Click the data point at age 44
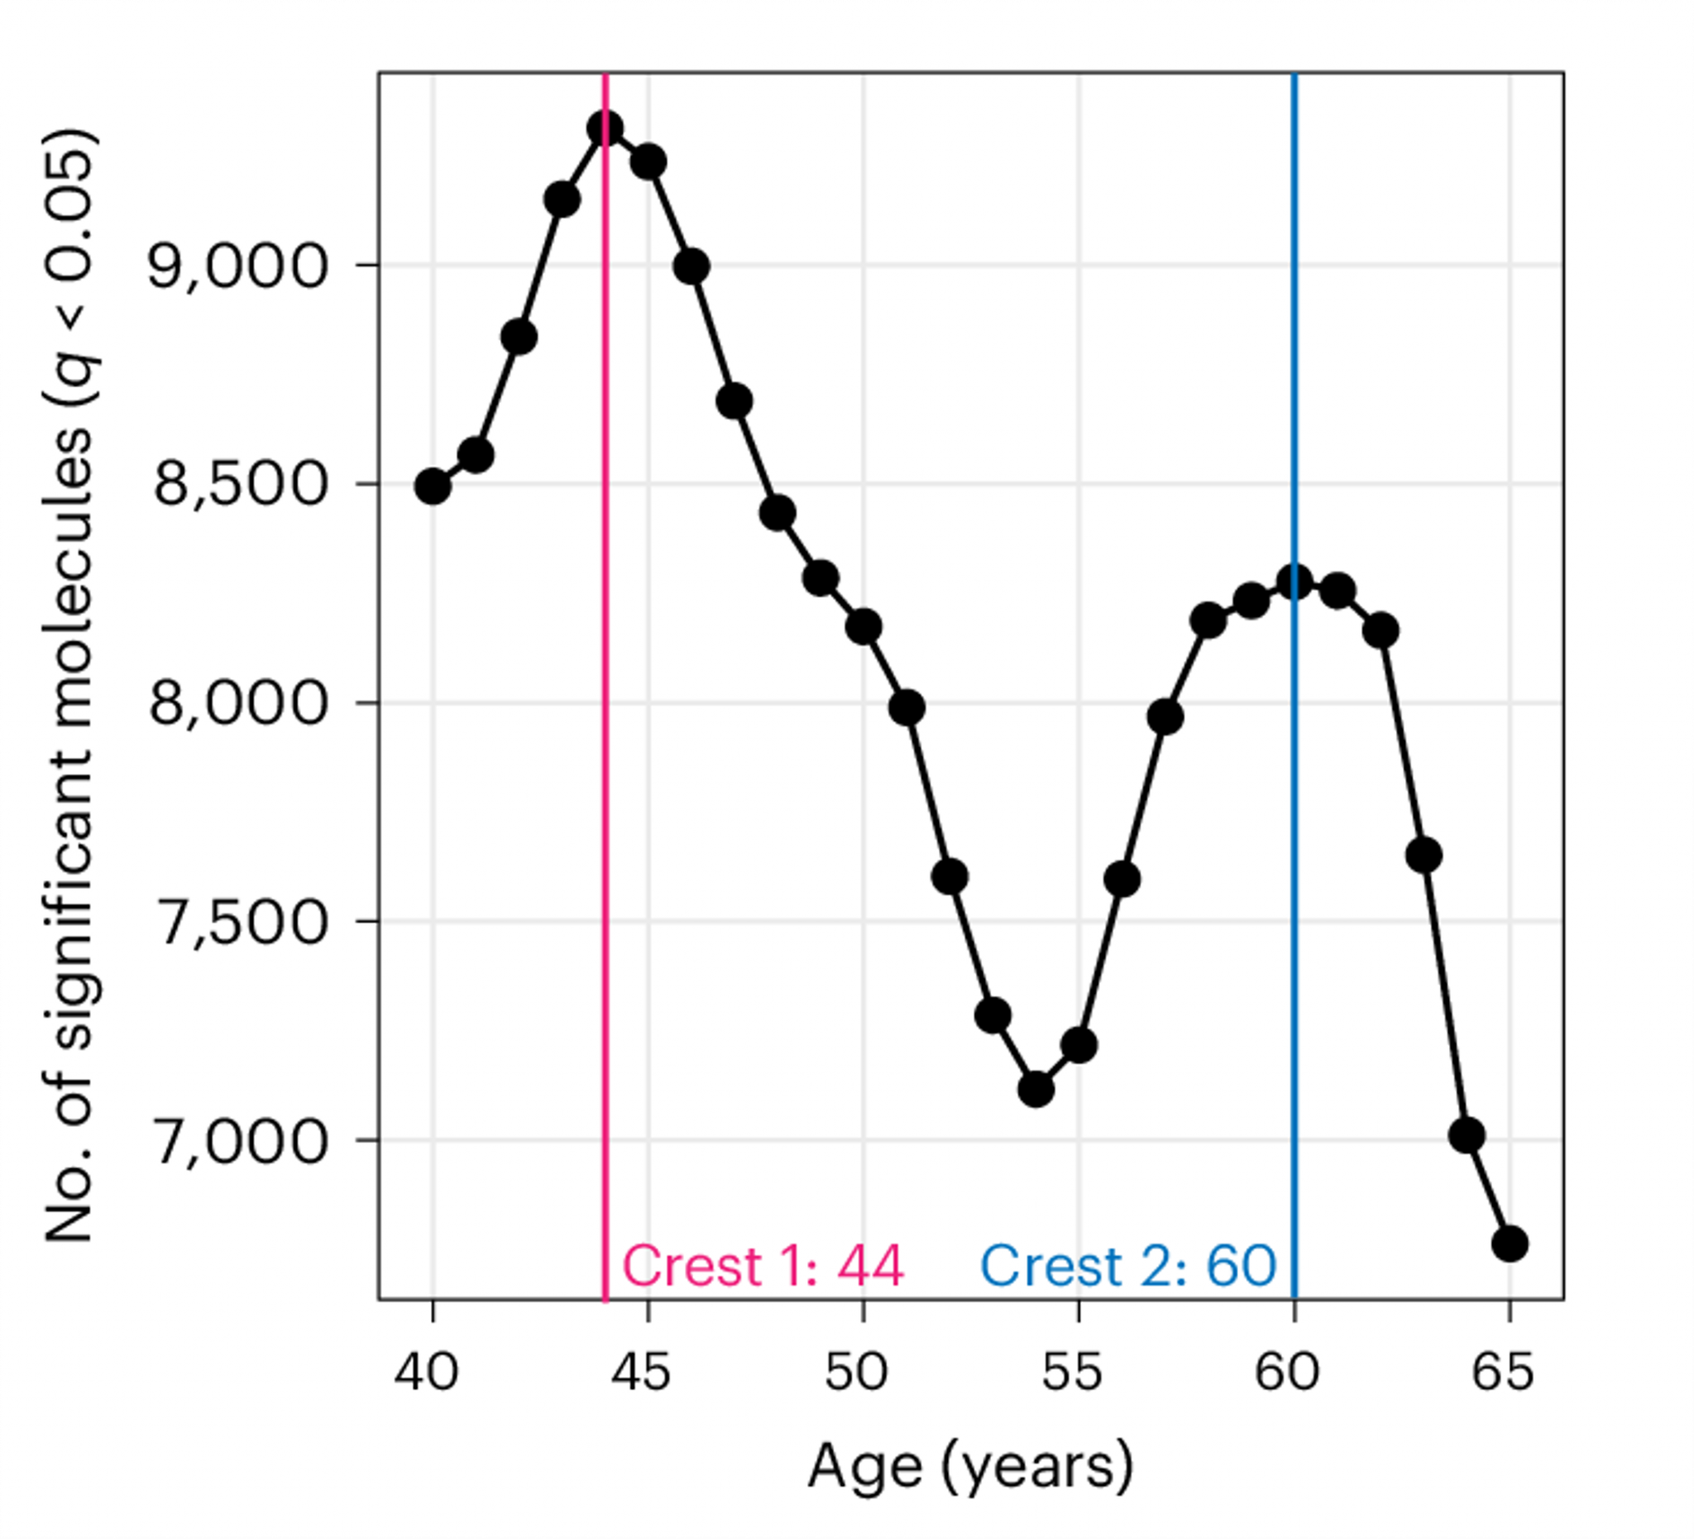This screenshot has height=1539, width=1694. [x=605, y=128]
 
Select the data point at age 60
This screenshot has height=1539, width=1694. [x=1294, y=582]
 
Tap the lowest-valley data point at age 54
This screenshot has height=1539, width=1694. [x=1036, y=1090]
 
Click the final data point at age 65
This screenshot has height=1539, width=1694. [x=1510, y=1243]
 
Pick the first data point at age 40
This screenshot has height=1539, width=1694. [x=433, y=486]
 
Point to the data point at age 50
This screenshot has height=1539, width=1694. [x=864, y=627]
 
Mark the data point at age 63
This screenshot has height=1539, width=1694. [x=1424, y=856]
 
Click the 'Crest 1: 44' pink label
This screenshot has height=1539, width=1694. [x=763, y=1266]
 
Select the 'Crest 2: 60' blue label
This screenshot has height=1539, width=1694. [x=1128, y=1266]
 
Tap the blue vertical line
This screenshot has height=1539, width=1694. [x=1294, y=924]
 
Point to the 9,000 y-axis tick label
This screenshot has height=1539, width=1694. [x=237, y=267]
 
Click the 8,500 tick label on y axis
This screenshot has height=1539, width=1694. [x=239, y=486]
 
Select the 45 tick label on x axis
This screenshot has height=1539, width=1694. [x=641, y=1373]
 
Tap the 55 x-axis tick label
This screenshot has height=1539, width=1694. [x=1072, y=1373]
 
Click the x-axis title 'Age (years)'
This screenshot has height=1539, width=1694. [x=970, y=1468]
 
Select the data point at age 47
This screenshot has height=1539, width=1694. [x=735, y=402]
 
